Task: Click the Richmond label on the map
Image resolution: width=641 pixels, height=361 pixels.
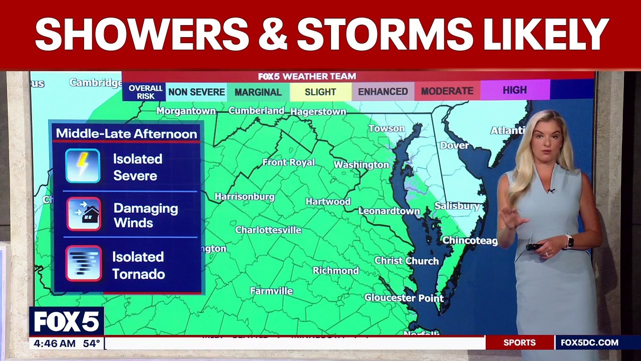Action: [336, 271]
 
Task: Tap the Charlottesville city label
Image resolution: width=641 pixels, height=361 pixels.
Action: [268, 230]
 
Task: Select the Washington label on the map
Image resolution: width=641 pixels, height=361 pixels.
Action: [361, 165]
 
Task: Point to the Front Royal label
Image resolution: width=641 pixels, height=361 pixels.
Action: [288, 162]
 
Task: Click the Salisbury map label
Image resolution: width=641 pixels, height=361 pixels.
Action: [457, 206]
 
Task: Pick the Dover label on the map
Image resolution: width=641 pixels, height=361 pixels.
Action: [454, 145]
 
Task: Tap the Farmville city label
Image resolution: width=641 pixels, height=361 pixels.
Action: [271, 291]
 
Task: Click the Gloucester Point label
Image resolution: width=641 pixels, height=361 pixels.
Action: [404, 298]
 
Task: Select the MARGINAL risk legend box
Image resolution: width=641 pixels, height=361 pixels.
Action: [258, 92]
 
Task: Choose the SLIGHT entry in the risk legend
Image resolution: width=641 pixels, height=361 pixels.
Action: [320, 92]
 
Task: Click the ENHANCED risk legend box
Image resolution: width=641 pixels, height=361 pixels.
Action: [383, 92]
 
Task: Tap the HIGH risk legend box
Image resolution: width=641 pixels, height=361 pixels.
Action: [515, 90]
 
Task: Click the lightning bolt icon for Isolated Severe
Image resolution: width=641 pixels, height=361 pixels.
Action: [83, 166]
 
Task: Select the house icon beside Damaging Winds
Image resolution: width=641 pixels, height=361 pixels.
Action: [84, 214]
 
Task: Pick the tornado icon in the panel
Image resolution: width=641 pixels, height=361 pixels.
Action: [84, 263]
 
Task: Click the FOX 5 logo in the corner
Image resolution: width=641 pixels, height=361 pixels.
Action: [66, 321]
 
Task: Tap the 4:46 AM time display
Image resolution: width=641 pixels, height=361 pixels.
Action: [53, 343]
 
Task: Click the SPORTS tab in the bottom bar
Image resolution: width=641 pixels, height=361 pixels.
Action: [519, 343]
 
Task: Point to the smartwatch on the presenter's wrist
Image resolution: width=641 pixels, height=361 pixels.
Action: [568, 241]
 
